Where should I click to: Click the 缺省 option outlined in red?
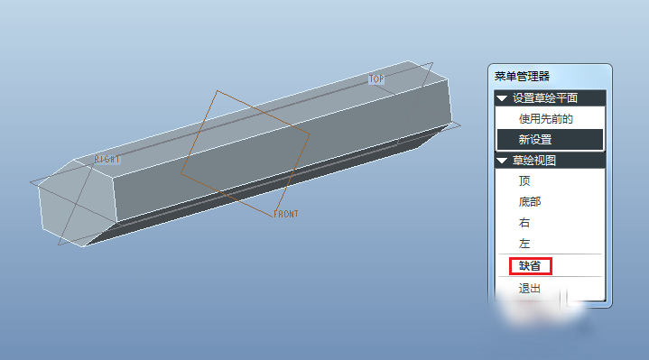tap(530, 265)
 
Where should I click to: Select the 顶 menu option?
tap(524, 180)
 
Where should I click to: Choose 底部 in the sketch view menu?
tap(530, 201)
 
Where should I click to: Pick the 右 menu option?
tap(524, 223)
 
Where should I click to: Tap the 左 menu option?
tap(524, 244)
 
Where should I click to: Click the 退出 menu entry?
tap(530, 289)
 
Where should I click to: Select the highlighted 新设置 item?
tap(535, 140)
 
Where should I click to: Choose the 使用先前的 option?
tap(546, 119)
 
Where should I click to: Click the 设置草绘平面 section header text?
tap(545, 98)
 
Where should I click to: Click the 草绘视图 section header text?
tap(534, 160)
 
